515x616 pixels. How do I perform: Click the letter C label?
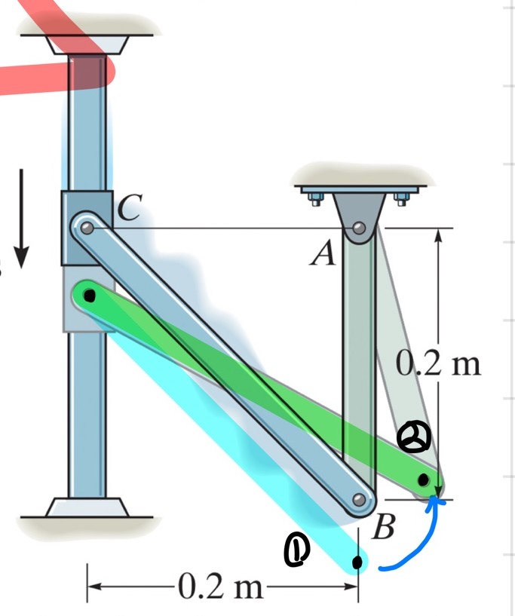pos(128,208)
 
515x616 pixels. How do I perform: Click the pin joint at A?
pos(360,227)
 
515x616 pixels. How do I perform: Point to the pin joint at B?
pos(359,499)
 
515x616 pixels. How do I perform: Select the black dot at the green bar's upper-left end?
pos(89,296)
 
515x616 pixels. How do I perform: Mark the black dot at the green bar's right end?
pos(424,479)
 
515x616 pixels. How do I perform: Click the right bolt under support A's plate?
pos(401,200)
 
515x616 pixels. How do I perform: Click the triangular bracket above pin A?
pos(360,210)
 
